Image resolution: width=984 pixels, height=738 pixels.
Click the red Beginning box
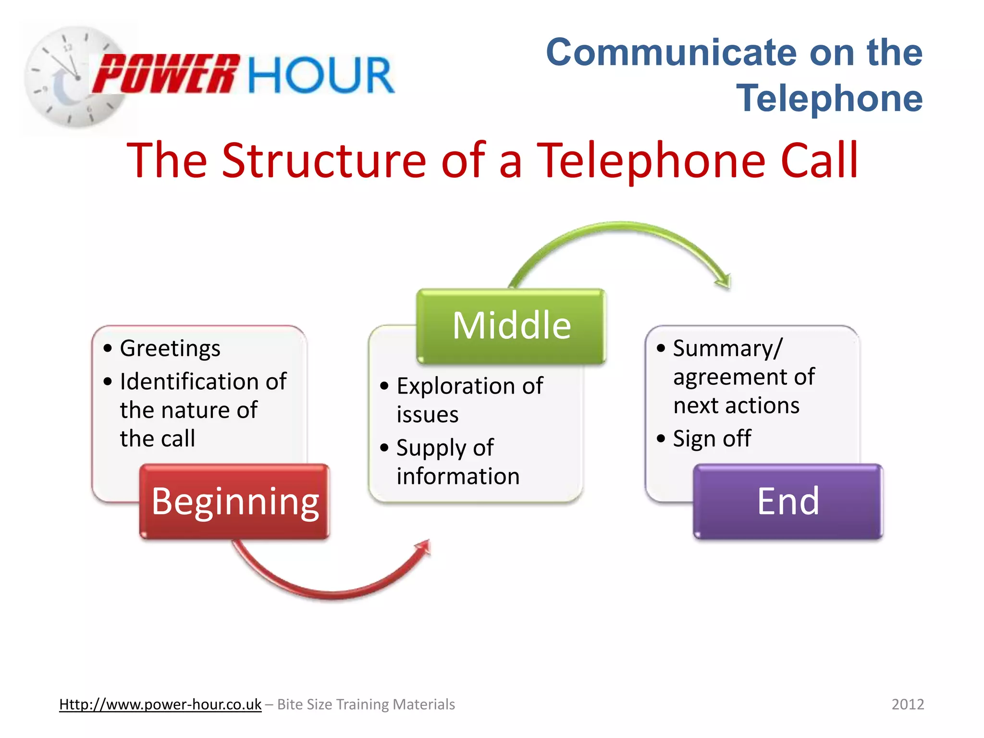(x=234, y=501)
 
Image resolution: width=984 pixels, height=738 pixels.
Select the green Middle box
(x=511, y=326)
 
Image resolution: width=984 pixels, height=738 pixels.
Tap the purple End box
(x=788, y=501)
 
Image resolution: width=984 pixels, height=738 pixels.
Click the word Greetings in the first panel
(x=170, y=348)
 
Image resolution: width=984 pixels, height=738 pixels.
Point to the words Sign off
(x=712, y=439)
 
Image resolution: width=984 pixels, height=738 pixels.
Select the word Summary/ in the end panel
(x=727, y=348)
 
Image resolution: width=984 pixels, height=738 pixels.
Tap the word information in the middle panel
(x=458, y=477)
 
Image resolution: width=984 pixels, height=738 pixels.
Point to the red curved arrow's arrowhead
(x=423, y=548)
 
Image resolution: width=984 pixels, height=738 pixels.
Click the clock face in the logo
(x=72, y=77)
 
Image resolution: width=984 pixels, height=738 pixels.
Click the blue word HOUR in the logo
(x=321, y=75)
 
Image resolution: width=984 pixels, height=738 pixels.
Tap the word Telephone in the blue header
(x=829, y=98)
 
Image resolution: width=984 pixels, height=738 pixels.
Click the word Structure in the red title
(x=324, y=160)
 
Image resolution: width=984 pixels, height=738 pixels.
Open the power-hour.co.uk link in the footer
(x=160, y=704)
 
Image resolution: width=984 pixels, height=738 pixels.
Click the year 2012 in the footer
(x=908, y=704)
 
